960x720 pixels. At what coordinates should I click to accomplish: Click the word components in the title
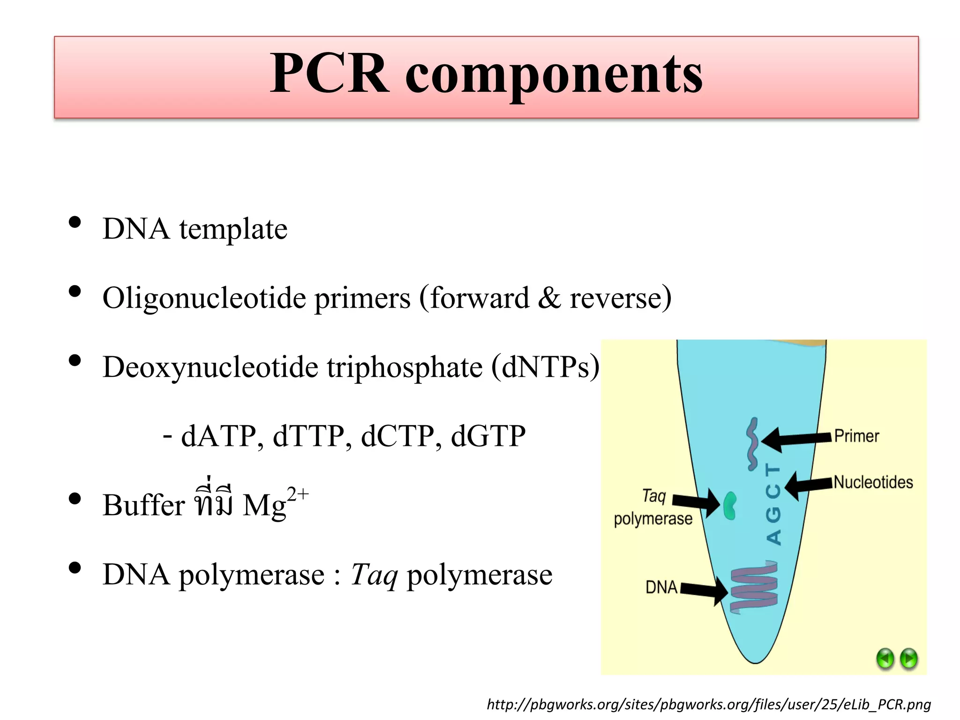tap(554, 75)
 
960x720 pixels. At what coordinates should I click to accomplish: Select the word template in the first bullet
tap(233, 229)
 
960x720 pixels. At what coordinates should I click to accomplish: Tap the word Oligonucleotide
tap(204, 298)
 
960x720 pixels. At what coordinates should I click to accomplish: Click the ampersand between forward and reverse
tap(549, 298)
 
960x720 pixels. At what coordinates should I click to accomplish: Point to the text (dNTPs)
tap(545, 367)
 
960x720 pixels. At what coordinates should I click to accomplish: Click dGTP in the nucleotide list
tap(488, 436)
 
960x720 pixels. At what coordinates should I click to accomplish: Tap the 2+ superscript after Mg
tap(298, 494)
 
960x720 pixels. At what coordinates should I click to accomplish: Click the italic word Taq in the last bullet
tap(374, 575)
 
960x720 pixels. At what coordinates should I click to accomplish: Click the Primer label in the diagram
tap(856, 436)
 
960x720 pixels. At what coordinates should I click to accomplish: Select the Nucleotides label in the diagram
tap(873, 482)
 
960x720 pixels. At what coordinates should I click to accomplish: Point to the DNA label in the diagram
tap(661, 587)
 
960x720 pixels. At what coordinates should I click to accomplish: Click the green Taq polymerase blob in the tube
tap(729, 506)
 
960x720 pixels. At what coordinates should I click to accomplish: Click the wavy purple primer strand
tap(752, 443)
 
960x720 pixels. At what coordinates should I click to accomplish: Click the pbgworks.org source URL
tap(708, 704)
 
